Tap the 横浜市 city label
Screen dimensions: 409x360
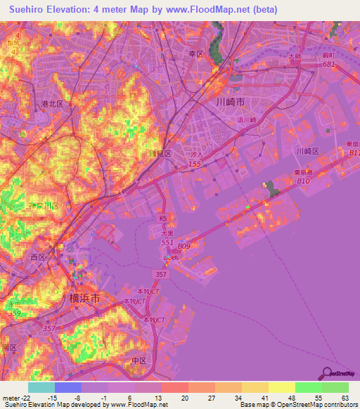pos(84,298)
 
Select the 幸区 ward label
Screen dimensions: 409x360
pos(195,53)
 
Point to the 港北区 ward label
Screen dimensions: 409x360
pos(52,103)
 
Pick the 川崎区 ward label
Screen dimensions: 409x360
pos(307,151)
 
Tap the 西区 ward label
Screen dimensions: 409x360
pos(37,258)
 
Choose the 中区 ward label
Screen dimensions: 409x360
pos(139,361)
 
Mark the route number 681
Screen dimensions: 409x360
pos(328,65)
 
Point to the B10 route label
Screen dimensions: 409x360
pos(303,181)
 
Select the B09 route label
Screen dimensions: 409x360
pos(184,246)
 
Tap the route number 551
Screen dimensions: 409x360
pos(167,242)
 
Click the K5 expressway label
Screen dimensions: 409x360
pos(163,219)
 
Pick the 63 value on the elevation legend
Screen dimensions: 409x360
pos(344,398)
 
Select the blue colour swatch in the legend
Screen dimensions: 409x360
pos(68,387)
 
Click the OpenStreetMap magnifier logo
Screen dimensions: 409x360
pos(327,373)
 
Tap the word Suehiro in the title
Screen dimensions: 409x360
pos(29,10)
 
